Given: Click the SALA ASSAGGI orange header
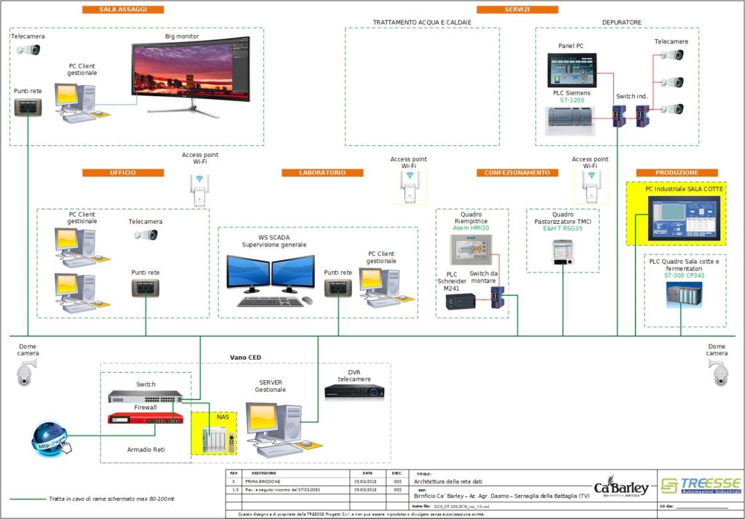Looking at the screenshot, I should point(122,9).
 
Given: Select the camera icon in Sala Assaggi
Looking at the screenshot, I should point(28,49).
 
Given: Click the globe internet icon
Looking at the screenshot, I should point(50,438).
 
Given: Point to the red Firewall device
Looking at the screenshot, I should point(146,418).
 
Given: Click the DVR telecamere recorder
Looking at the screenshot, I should point(354,391).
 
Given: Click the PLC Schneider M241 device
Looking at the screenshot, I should point(461,299).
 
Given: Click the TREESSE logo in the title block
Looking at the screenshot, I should point(700,486).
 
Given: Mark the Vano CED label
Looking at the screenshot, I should point(245,358).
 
